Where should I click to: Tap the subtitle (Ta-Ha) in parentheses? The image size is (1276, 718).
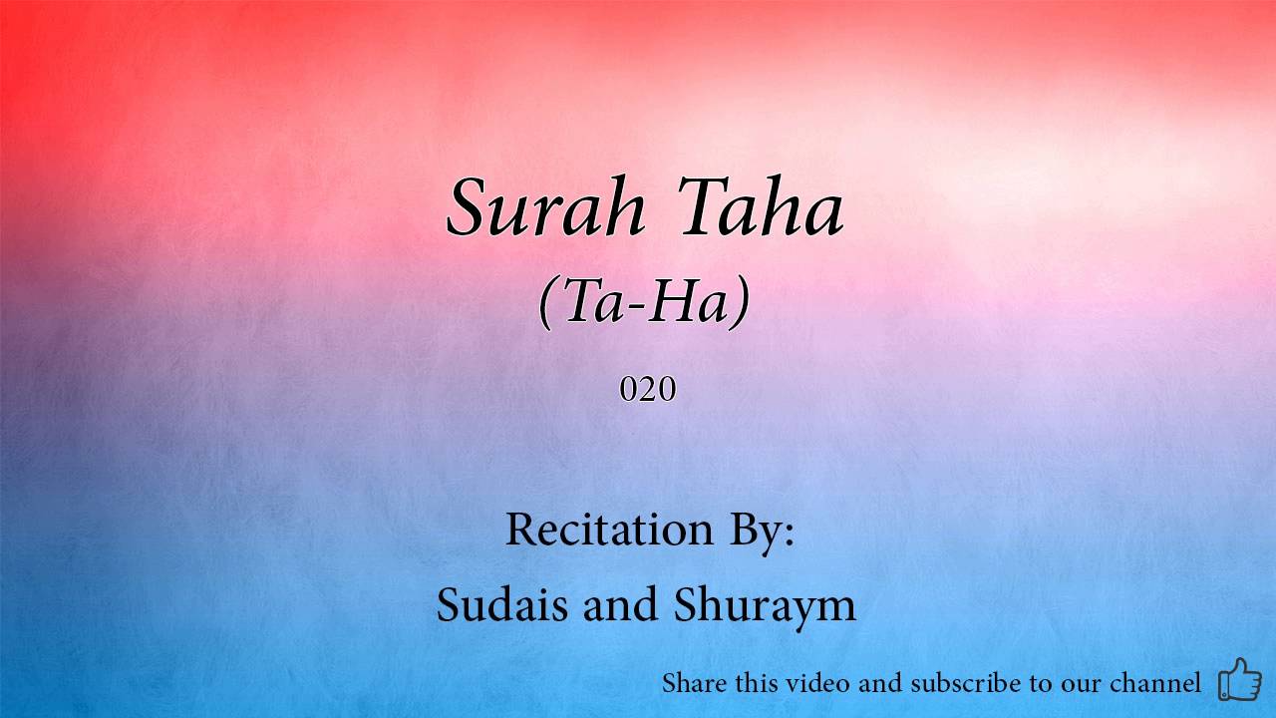[644, 301]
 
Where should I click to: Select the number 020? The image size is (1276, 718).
[648, 389]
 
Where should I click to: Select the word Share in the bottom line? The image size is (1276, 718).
[695, 683]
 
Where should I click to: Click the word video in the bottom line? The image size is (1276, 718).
[817, 683]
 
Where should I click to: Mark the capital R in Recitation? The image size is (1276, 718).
[521, 529]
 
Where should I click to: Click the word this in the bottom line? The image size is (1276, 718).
[757, 683]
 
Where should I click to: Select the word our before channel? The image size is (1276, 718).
[1079, 685]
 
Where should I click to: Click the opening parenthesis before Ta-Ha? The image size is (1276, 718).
[546, 302]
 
